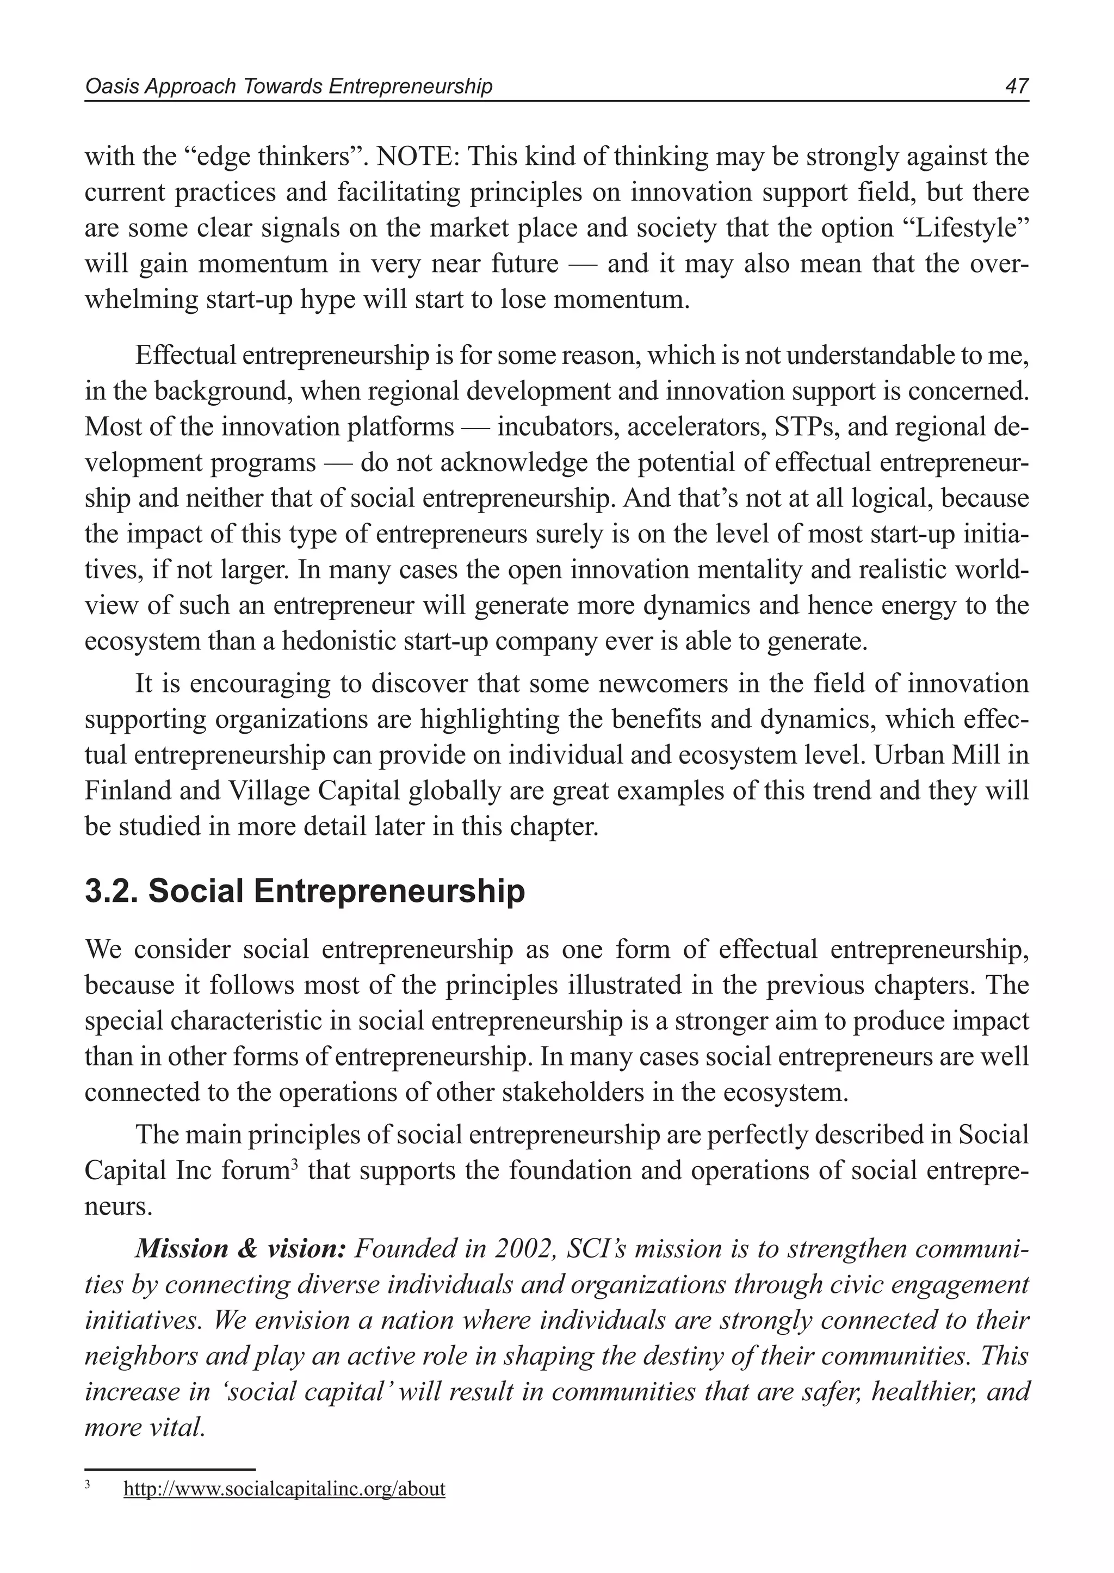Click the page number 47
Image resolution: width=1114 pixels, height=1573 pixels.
(x=1016, y=86)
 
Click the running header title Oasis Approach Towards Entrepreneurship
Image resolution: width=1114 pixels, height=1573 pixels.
(x=288, y=86)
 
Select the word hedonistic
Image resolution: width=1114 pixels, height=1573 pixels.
(x=339, y=641)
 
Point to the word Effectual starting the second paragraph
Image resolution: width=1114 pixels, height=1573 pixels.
(x=184, y=355)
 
